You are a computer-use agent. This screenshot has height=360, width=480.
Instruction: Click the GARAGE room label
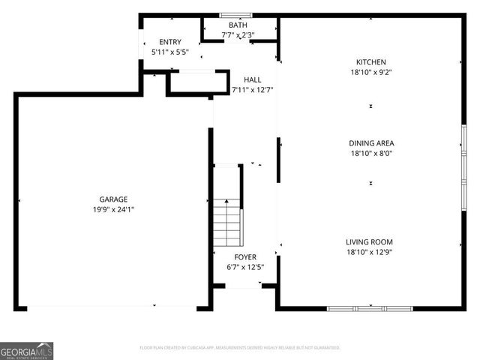tap(109, 199)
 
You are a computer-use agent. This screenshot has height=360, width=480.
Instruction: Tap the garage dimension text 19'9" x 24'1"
tap(109, 210)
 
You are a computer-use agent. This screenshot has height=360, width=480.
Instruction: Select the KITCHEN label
tap(370, 62)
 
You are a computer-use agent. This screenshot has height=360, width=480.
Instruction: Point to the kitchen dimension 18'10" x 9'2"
tap(370, 73)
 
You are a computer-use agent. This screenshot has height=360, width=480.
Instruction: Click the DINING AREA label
tap(370, 143)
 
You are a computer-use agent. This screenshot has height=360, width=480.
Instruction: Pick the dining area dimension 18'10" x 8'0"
tap(370, 154)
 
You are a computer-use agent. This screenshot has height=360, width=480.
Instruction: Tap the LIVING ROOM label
tap(369, 242)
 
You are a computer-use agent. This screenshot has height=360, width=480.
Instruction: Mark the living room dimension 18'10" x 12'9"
tap(369, 253)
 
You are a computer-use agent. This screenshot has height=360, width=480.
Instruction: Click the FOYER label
tap(246, 256)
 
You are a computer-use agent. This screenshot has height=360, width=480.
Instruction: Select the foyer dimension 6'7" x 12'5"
tap(246, 267)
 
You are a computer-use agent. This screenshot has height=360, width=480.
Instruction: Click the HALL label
tap(252, 79)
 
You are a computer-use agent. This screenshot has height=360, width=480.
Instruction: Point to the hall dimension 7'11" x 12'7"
tap(252, 90)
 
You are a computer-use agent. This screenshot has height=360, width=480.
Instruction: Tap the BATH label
tap(238, 25)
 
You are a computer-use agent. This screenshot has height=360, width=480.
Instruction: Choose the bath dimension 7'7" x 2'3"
tap(238, 34)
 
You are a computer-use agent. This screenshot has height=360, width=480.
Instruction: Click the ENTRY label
tap(170, 42)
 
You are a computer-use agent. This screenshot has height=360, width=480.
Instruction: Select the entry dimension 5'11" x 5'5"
tap(170, 52)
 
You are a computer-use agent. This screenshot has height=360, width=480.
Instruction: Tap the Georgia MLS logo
tap(27, 350)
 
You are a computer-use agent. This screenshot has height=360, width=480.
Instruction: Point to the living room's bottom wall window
tap(370, 308)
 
